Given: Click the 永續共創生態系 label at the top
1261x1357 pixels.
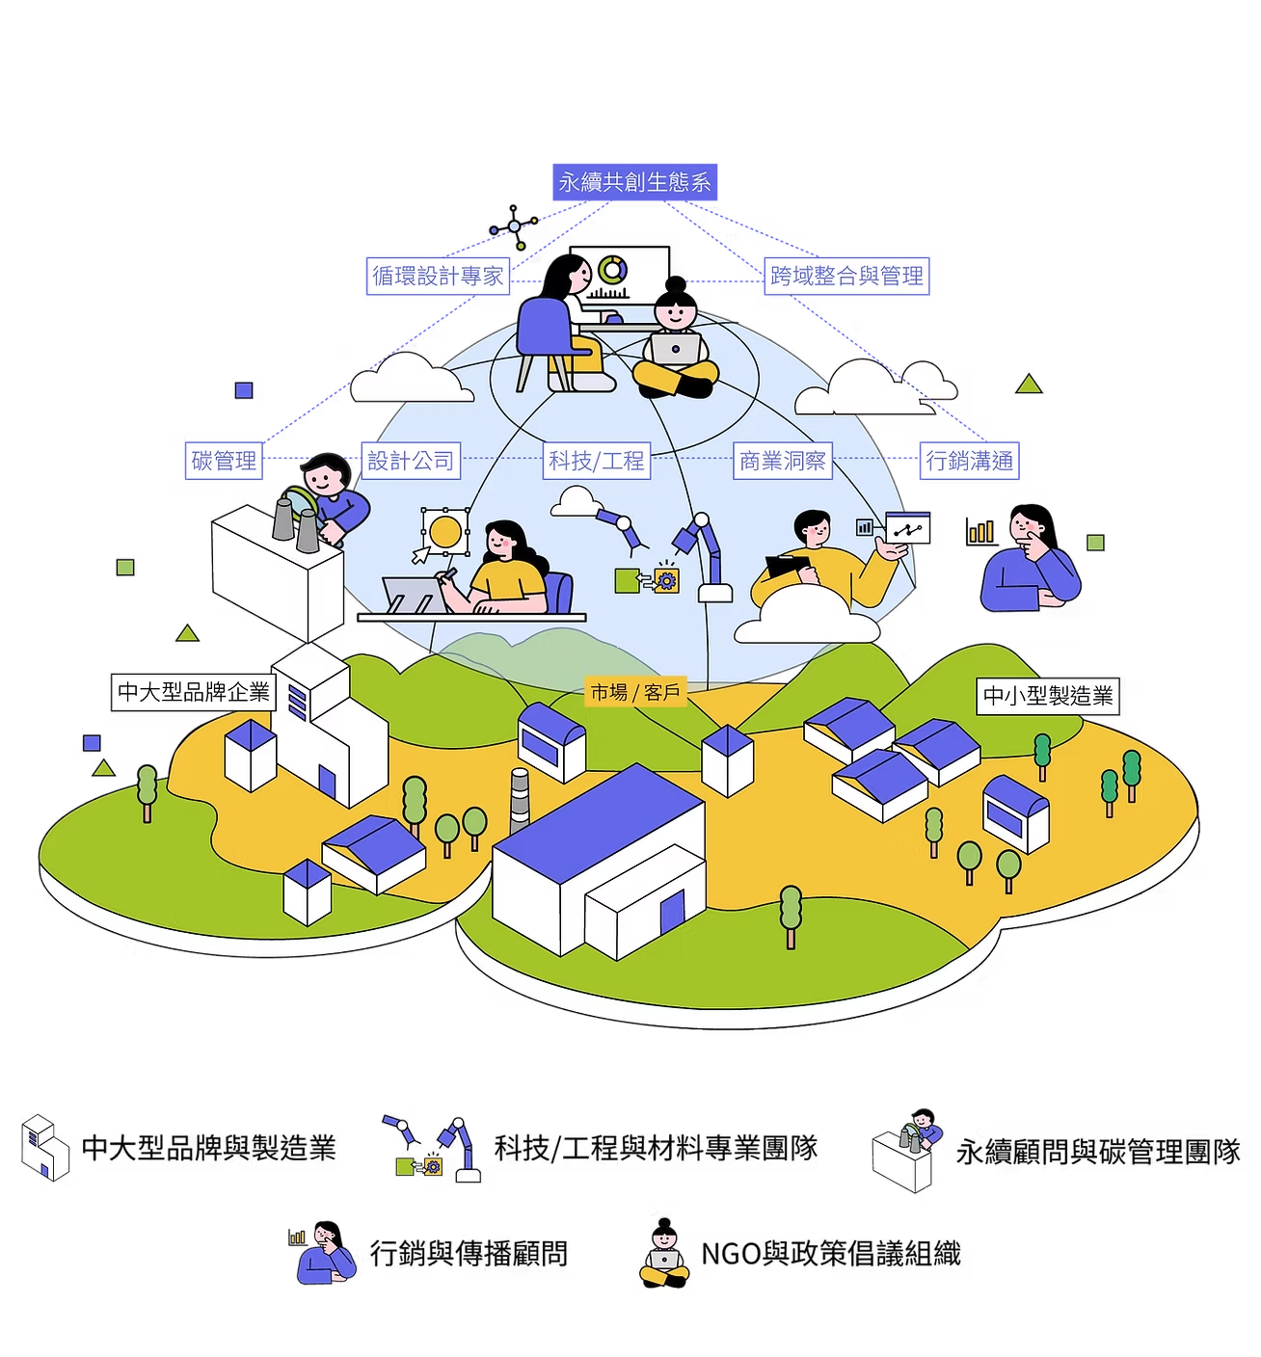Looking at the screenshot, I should (x=636, y=182).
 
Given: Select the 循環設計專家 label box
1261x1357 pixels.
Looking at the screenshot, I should (x=439, y=277).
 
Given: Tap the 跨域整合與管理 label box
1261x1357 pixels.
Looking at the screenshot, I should (x=846, y=277).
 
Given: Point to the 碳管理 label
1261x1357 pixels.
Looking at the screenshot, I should (x=224, y=461).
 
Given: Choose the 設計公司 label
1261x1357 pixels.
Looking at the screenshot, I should (x=411, y=461).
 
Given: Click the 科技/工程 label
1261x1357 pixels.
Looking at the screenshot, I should (x=596, y=461).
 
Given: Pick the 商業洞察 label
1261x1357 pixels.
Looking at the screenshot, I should (x=782, y=461).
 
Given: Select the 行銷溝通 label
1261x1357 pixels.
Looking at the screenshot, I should (x=969, y=461).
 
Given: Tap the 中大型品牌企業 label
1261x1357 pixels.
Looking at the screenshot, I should (x=193, y=691).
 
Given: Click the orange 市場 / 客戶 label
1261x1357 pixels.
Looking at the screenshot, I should (x=635, y=692).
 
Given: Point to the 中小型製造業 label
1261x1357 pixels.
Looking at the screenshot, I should (x=1047, y=695).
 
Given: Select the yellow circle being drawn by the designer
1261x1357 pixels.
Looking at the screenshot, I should (x=445, y=531).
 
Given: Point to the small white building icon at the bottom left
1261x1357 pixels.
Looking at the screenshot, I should (x=45, y=1147).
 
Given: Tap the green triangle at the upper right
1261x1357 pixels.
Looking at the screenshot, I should (x=1030, y=385).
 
